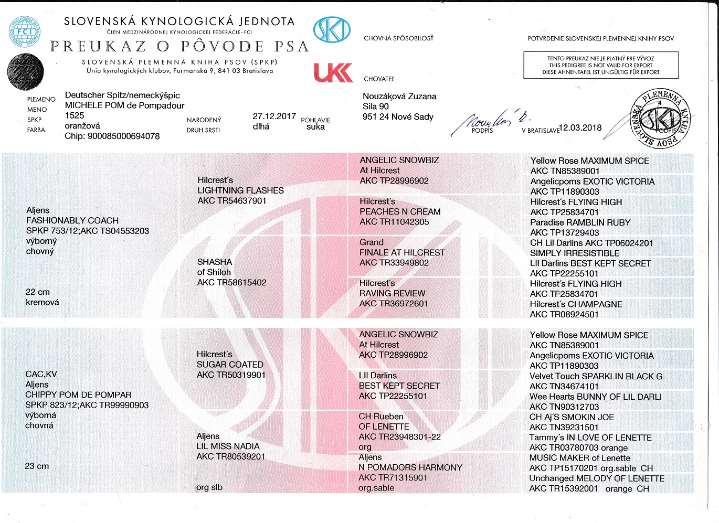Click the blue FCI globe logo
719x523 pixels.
tap(24, 31)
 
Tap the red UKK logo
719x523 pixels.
tap(333, 73)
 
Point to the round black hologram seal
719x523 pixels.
tap(26, 72)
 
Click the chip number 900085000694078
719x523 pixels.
tap(112, 136)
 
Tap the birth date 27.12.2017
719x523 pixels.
tap(274, 116)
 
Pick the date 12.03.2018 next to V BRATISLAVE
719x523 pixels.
tap(580, 127)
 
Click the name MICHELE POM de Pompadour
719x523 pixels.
tap(124, 105)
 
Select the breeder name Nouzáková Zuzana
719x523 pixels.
tap(399, 97)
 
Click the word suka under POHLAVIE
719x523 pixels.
tap(315, 127)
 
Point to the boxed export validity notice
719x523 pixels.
tap(601, 66)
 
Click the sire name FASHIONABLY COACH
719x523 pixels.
tap(72, 221)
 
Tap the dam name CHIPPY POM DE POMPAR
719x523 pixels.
tap(78, 395)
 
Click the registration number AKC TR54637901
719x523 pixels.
tap(232, 201)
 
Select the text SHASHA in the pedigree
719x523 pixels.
tap(215, 262)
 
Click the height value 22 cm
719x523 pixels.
tap(38, 292)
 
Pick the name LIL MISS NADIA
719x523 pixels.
tap(228, 446)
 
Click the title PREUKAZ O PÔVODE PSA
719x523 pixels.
tap(179, 47)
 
